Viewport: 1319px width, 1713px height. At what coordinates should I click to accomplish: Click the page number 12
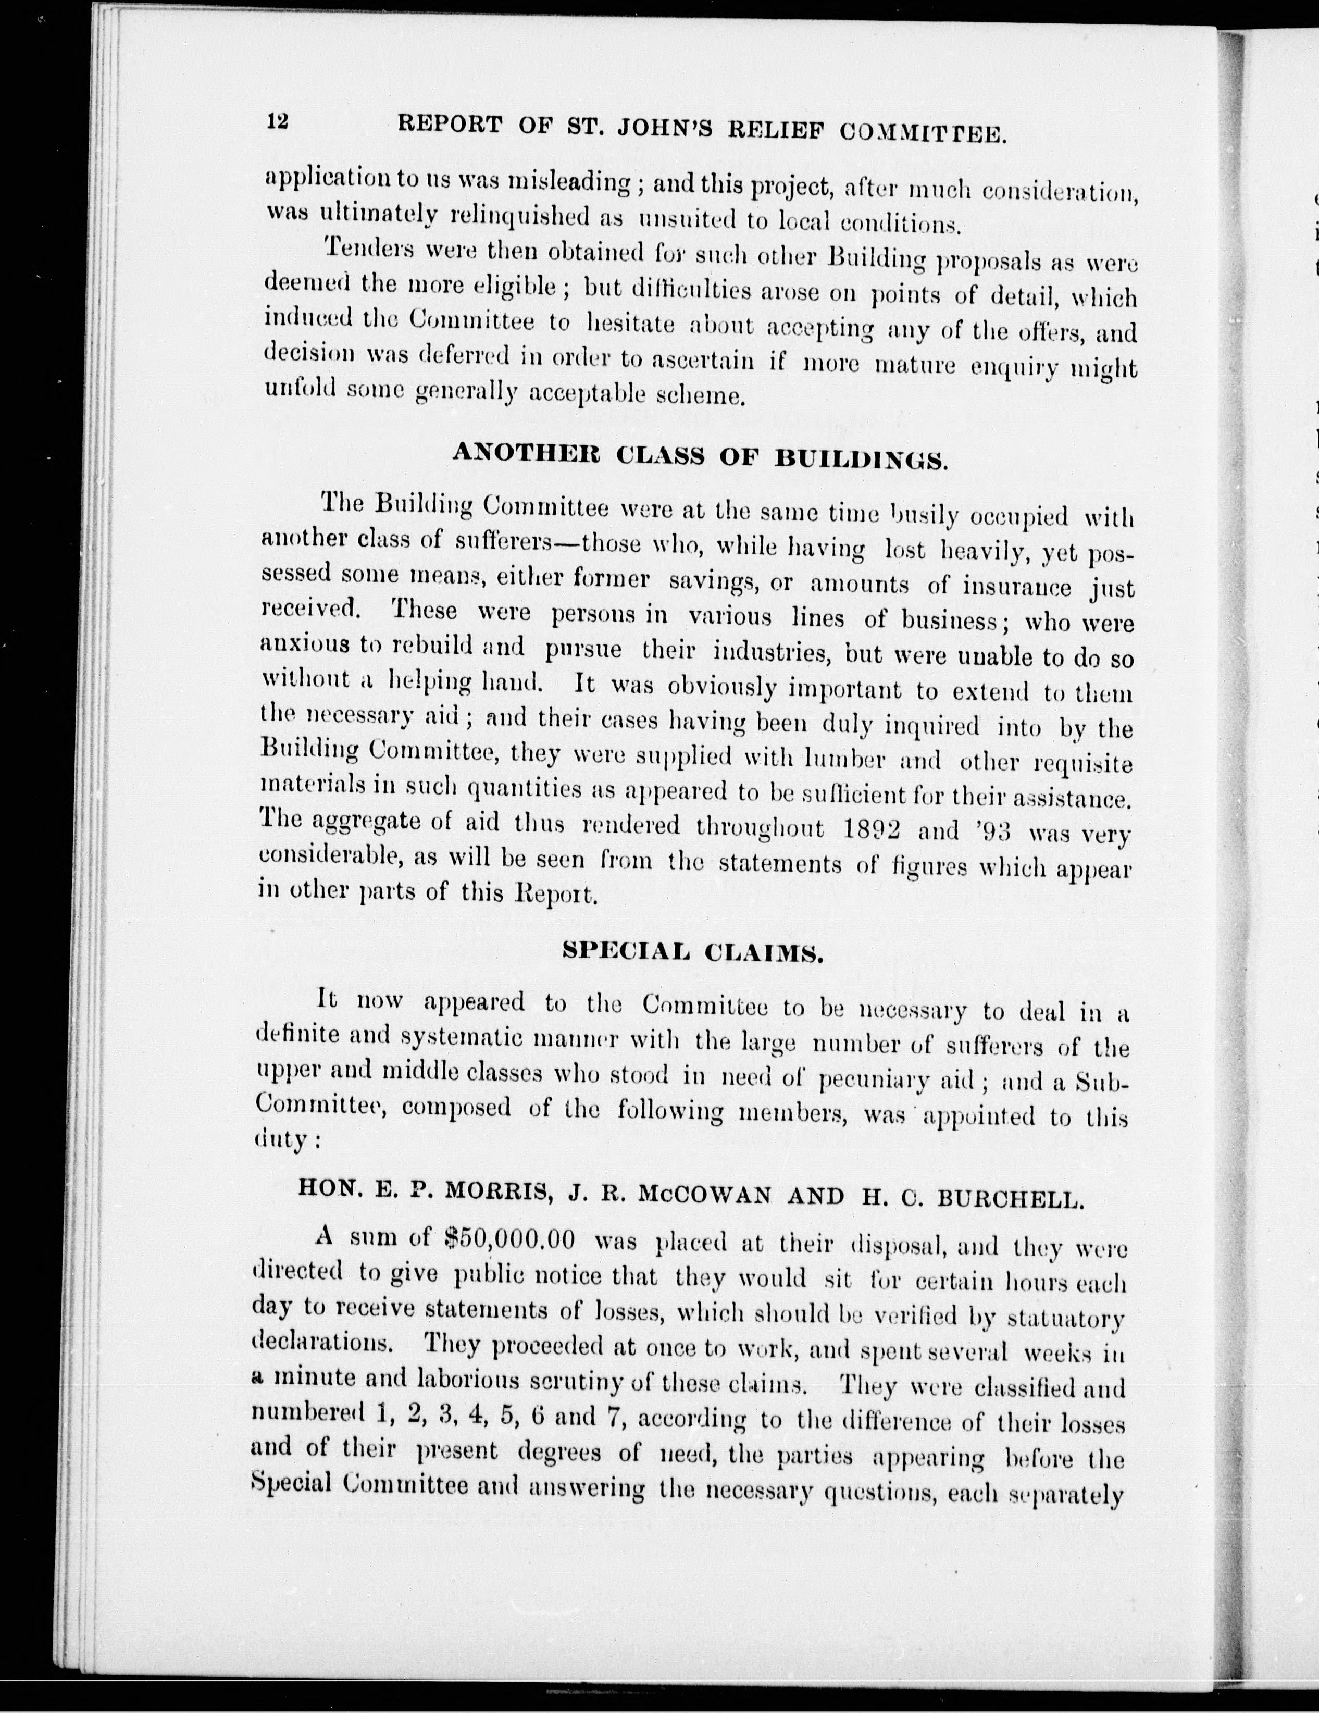coord(278,122)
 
